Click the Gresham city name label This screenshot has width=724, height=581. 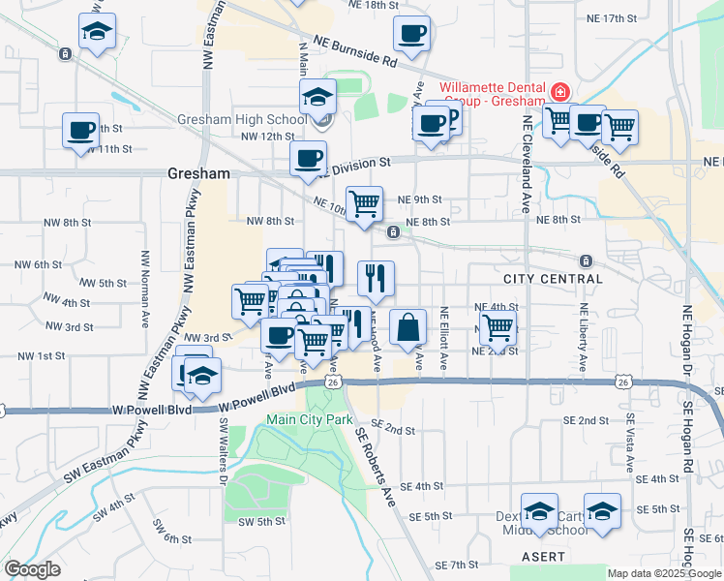coord(198,174)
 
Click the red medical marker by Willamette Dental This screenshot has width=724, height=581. coord(558,93)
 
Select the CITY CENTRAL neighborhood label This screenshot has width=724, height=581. coord(553,279)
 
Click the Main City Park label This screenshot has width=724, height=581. coord(309,419)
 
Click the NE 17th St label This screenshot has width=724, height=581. coord(613,18)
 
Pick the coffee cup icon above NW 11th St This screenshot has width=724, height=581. coord(80,130)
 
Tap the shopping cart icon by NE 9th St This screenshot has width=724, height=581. coord(365,203)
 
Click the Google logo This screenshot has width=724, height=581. coord(32,569)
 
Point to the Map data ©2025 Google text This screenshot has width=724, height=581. coord(664,573)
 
